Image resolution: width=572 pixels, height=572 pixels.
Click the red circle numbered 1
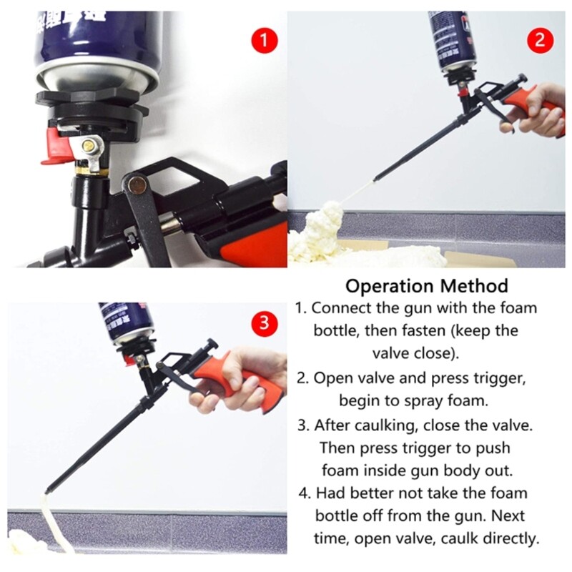265,41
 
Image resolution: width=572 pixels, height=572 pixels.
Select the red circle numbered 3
265,324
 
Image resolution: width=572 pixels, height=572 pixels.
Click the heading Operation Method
427,286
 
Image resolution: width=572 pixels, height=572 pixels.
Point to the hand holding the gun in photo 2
540,107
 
